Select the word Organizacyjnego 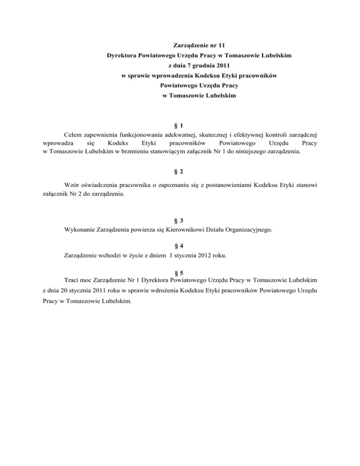coord(247,230)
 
